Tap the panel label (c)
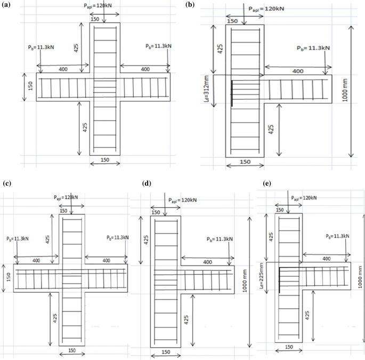pos(6,183)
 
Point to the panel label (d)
pos(148,183)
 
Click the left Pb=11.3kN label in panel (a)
pos(41,47)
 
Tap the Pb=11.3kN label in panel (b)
pos(313,48)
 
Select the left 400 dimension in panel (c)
pos(36,260)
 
